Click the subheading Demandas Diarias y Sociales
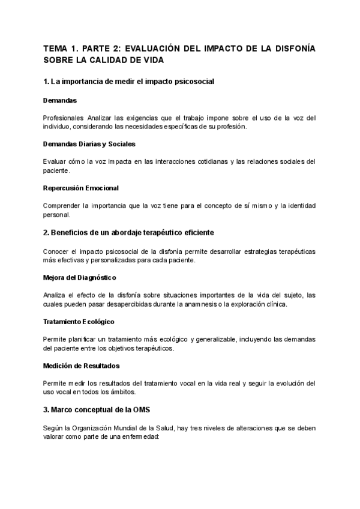tap(89, 144)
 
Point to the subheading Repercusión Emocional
tap(81, 188)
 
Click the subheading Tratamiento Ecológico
tap(79, 321)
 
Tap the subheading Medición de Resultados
tap(82, 366)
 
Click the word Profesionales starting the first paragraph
tap(64, 118)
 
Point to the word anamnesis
tap(237, 304)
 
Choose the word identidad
tap(299, 206)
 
